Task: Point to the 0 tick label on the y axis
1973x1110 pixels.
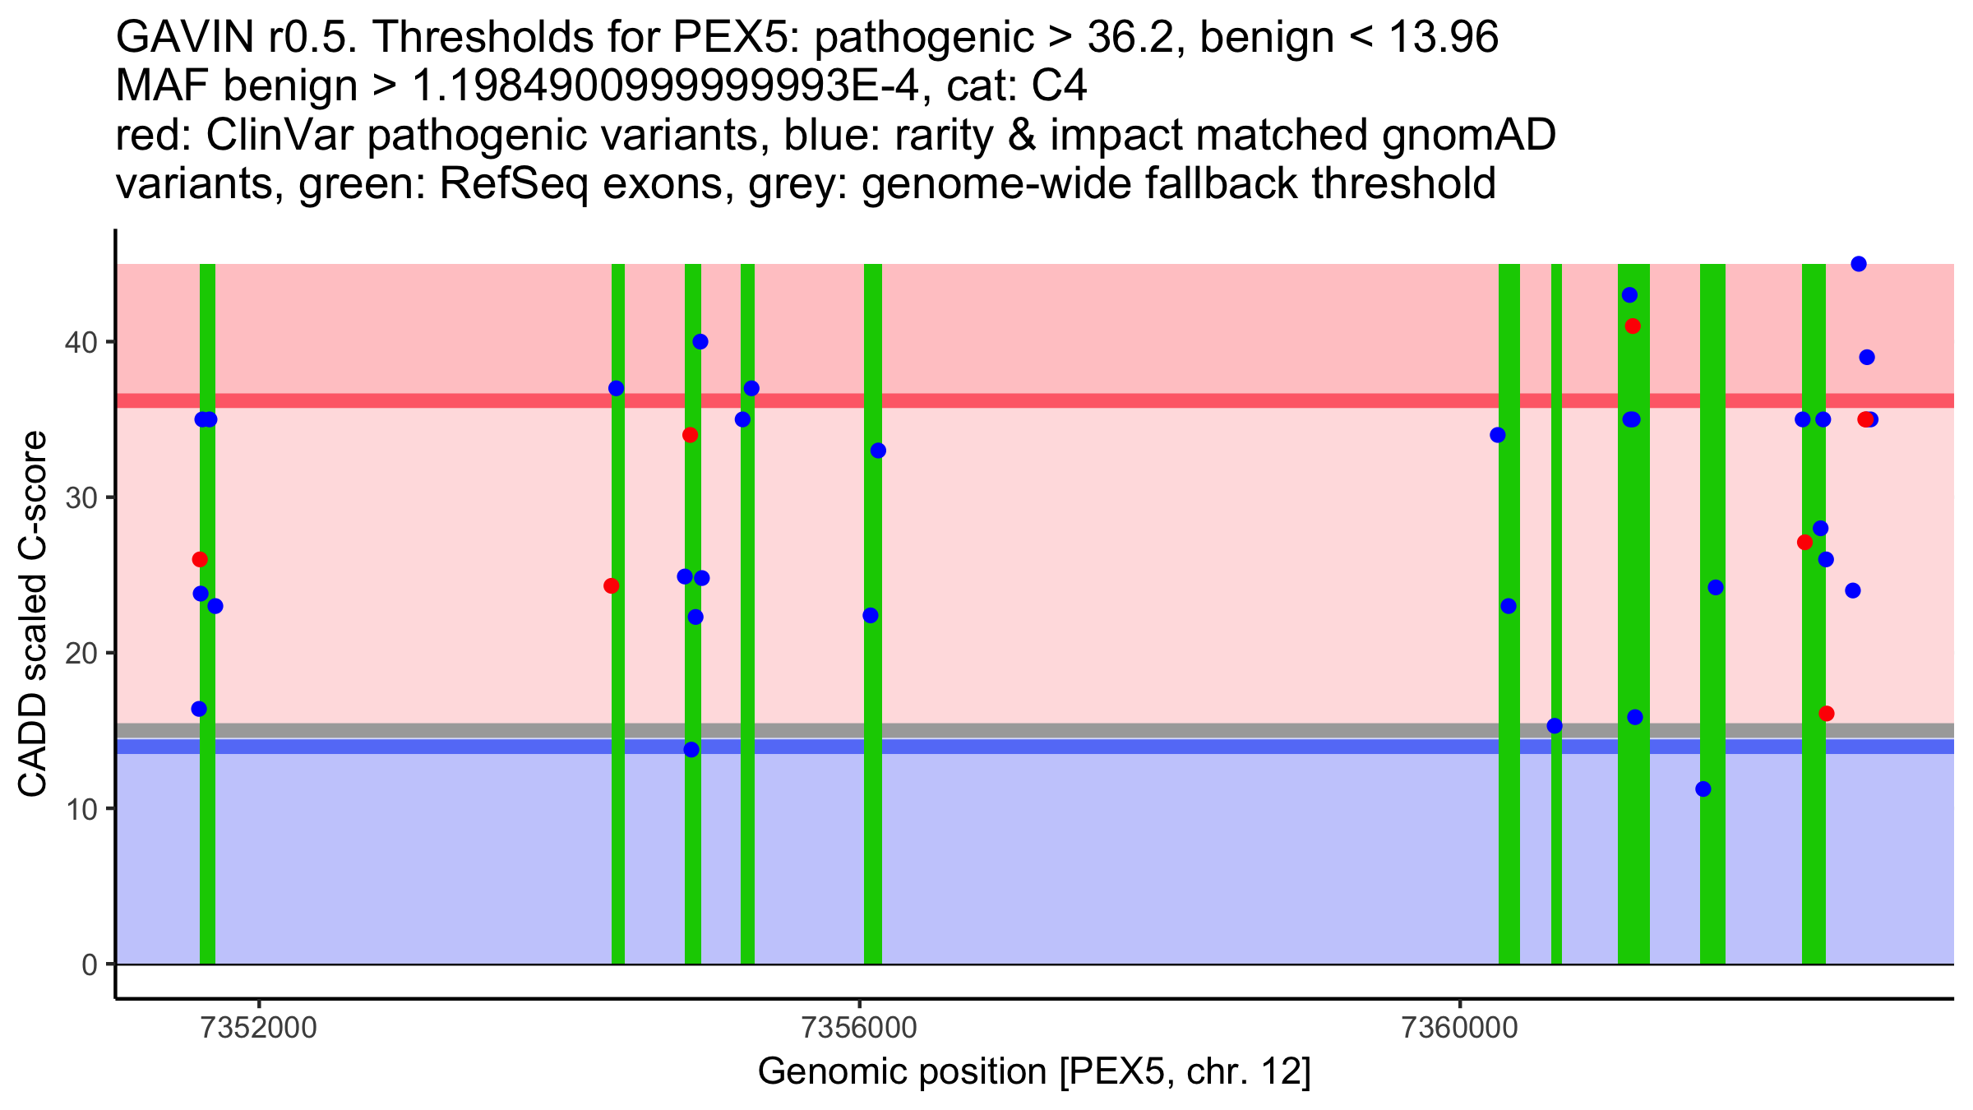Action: coord(89,964)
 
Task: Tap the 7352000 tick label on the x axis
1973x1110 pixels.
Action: coord(259,1029)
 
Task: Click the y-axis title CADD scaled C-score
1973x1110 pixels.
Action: coord(33,614)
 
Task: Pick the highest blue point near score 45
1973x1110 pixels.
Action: coord(1858,264)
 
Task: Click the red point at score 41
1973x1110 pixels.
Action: coord(1633,326)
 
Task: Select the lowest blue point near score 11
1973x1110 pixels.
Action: coord(1703,789)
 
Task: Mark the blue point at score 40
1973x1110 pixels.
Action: coord(700,342)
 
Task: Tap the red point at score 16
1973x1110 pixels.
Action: coord(1827,714)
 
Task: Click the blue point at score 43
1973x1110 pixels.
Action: coord(1629,295)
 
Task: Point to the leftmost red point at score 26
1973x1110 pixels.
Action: coord(200,560)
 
